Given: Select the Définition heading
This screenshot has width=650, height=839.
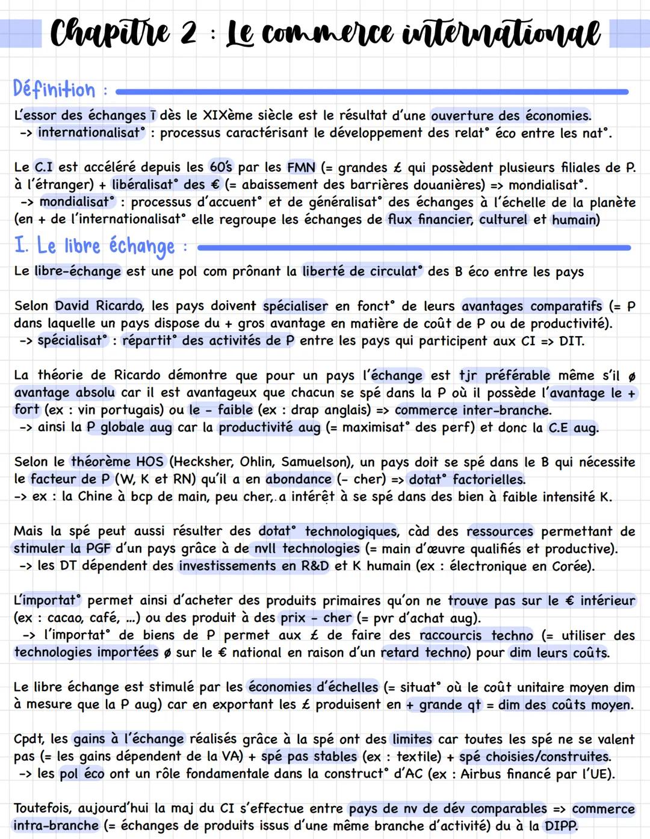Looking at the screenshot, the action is click(x=54, y=90).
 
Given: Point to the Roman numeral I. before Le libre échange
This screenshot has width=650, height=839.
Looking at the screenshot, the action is click(x=22, y=245).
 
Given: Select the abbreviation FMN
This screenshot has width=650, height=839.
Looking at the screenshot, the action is click(x=301, y=167).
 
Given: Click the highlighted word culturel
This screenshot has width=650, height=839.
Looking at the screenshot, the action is click(x=503, y=220).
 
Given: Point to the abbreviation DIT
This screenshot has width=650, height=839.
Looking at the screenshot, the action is click(x=571, y=341).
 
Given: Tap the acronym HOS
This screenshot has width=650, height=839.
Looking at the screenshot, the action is click(x=149, y=462).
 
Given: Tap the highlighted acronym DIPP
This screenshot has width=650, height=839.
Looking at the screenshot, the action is click(x=560, y=826).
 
